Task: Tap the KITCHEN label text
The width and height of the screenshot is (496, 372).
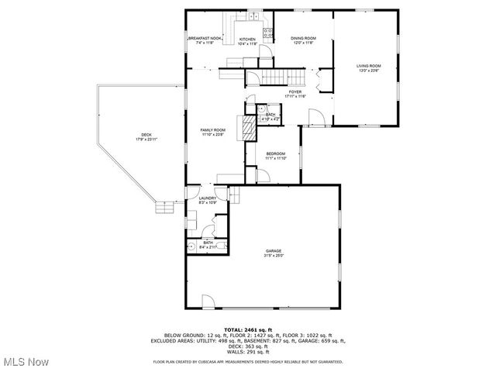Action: [x=247, y=40]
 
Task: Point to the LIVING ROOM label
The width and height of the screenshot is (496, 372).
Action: [x=368, y=67]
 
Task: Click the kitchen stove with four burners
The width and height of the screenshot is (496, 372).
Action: [x=268, y=33]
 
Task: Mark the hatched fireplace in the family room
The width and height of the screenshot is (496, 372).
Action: [x=249, y=128]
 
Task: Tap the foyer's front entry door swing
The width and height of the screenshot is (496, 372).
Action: [x=315, y=117]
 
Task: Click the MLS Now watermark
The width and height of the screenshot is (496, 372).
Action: [x=25, y=361]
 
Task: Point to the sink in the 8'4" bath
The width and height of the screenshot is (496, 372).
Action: [x=191, y=247]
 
